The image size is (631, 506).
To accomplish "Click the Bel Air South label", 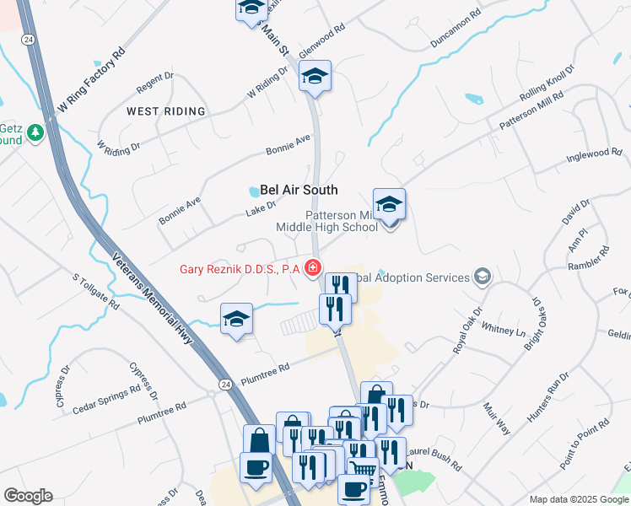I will coord(299,191).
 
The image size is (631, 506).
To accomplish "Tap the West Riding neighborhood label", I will coord(165,111).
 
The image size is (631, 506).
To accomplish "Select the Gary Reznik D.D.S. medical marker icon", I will coord(313,269).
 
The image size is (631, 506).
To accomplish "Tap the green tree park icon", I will coord(35,132).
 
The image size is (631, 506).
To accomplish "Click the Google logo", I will coord(29,496).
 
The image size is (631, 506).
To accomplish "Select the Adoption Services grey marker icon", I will coord(482,277).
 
